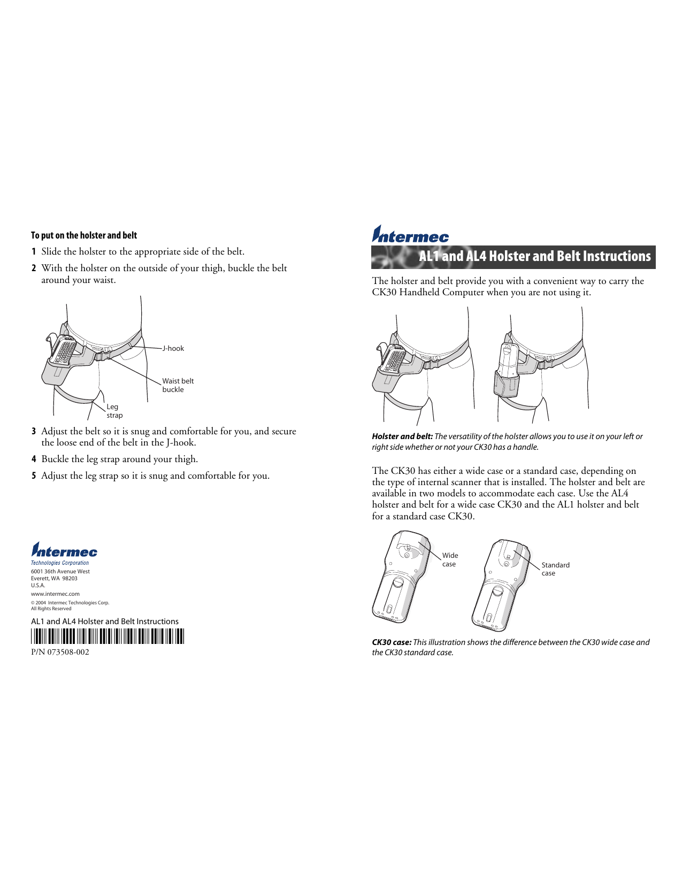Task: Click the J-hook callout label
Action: [x=173, y=348]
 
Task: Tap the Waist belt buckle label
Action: [x=178, y=385]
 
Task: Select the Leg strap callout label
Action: [x=114, y=411]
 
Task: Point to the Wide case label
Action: [x=450, y=559]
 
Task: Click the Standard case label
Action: [x=555, y=569]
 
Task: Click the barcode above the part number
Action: [x=107, y=636]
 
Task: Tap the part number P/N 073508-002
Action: [x=60, y=652]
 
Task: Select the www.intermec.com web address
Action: [x=55, y=594]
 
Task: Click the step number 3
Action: [x=34, y=431]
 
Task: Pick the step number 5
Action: [x=34, y=475]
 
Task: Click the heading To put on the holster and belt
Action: [x=84, y=235]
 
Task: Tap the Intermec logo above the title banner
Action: [x=410, y=234]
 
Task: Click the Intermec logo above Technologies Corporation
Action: [x=64, y=550]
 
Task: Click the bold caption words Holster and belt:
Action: [x=402, y=436]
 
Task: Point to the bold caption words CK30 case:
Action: [x=392, y=642]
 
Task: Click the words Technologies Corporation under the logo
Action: [x=60, y=563]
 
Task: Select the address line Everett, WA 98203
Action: [x=54, y=578]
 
